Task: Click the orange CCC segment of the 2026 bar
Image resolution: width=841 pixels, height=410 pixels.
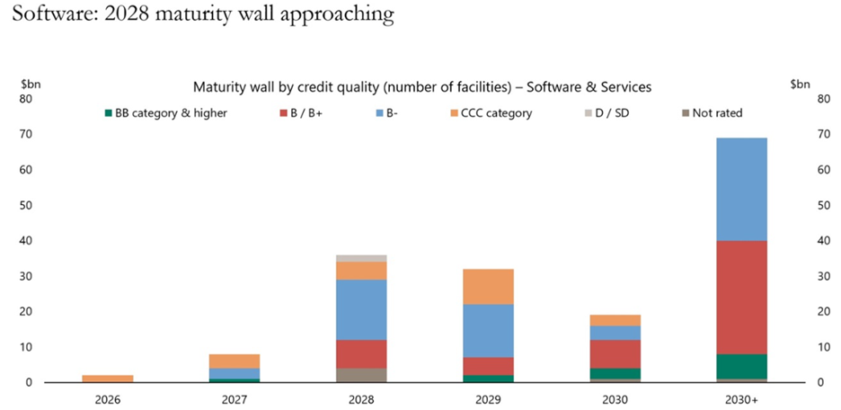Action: [x=108, y=379]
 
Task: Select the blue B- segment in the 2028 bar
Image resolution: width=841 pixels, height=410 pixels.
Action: [x=360, y=309]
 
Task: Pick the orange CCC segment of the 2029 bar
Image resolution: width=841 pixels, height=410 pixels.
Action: [x=487, y=286]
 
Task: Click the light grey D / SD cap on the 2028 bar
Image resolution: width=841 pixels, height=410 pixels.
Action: [x=360, y=258]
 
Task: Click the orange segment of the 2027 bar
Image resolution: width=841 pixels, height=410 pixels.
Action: [x=234, y=361]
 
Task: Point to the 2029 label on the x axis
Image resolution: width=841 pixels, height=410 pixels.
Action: [x=487, y=398]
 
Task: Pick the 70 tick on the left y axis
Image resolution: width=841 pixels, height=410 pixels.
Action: [x=26, y=134]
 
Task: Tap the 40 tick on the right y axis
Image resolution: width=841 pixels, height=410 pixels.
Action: [x=819, y=241]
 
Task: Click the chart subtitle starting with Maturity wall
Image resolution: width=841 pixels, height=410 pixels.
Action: [x=421, y=87]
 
